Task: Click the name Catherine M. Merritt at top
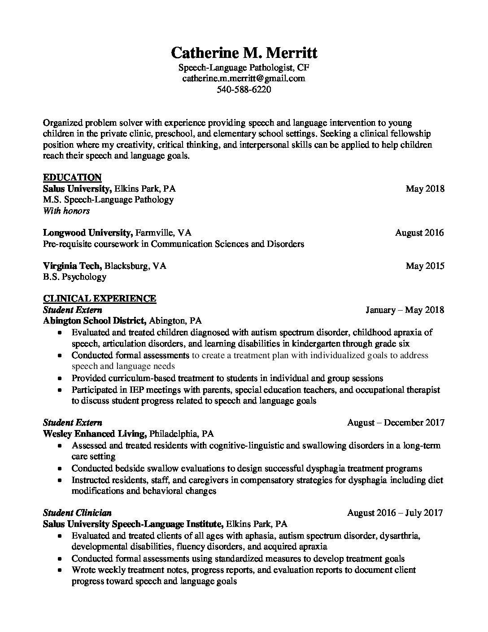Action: tap(244, 53)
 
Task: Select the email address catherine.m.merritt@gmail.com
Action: tap(244, 78)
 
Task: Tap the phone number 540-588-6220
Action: tap(244, 89)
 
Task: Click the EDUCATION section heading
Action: tap(72, 177)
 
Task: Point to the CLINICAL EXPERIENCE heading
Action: tap(100, 298)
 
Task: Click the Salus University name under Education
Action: tap(77, 189)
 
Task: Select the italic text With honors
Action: tap(66, 211)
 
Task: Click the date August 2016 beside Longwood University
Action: tap(419, 233)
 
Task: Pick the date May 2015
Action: tap(425, 266)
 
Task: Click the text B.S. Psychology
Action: tap(74, 276)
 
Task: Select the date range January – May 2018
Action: tap(405, 310)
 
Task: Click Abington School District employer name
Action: tap(94, 321)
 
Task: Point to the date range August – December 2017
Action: tap(396, 422)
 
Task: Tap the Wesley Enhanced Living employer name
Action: tap(95, 434)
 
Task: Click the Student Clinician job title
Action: tap(77, 513)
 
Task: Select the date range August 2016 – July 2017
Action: tap(395, 513)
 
